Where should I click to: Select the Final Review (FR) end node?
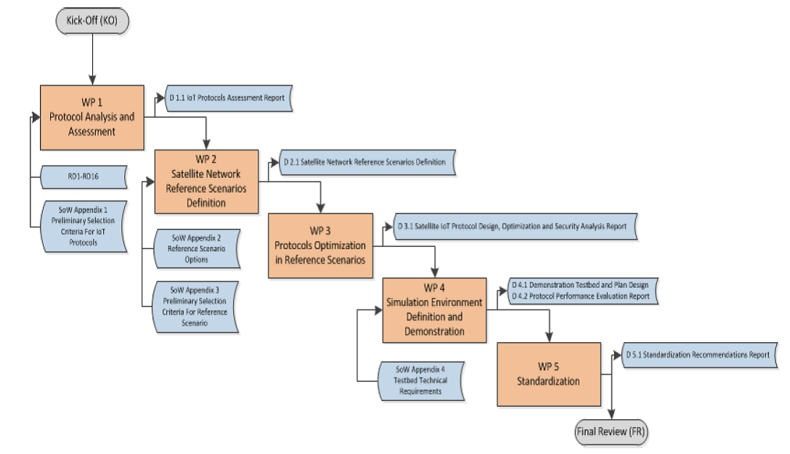point(611,431)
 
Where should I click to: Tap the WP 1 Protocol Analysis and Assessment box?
point(91,115)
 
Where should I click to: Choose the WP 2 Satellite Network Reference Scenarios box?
point(205,182)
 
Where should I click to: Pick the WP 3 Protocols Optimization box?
point(320,246)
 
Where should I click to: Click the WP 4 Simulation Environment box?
point(434,310)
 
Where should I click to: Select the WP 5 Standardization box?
point(548,374)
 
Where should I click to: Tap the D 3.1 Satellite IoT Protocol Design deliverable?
point(516,227)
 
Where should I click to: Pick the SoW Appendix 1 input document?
point(84,224)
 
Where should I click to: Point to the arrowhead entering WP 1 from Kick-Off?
point(92,79)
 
